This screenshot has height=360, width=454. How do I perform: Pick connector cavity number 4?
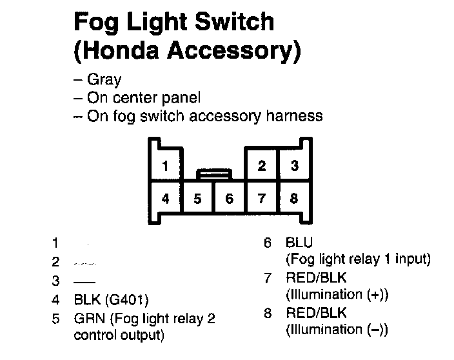point(166,199)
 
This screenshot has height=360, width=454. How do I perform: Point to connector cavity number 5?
point(198,199)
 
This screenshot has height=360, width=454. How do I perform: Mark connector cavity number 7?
point(262,199)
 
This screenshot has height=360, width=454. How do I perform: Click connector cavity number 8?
point(294,199)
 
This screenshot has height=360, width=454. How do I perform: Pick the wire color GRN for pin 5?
point(88,319)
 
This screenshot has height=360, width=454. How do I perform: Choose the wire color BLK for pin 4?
point(86,300)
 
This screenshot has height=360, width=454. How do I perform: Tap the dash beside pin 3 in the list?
point(83,281)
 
